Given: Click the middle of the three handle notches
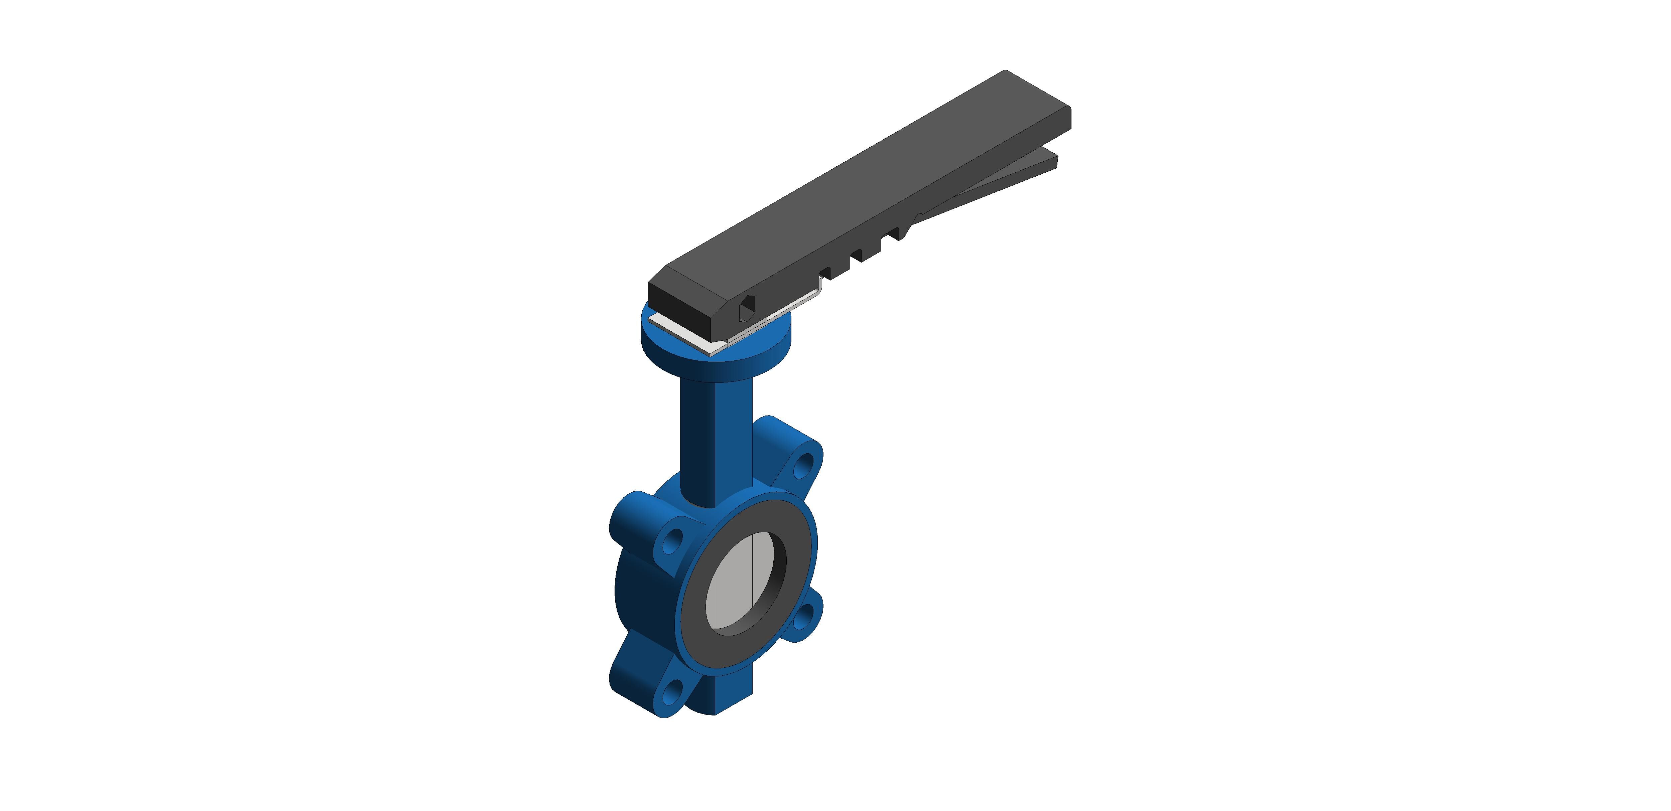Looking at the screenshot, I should [856, 255].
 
